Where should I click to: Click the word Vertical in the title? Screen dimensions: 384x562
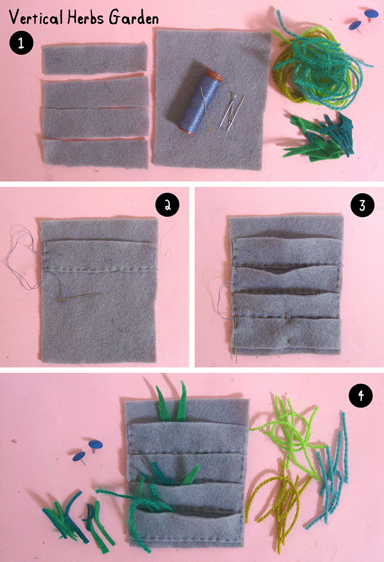(36, 17)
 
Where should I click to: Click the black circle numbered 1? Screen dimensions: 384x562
(21, 43)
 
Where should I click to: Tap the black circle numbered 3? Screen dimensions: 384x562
(362, 205)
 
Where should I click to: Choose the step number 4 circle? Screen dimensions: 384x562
(361, 395)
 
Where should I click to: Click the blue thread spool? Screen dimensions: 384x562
(200, 102)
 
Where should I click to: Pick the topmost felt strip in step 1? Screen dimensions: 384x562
(95, 59)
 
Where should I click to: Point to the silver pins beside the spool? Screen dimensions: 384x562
(232, 110)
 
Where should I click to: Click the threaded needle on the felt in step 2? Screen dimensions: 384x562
(81, 297)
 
